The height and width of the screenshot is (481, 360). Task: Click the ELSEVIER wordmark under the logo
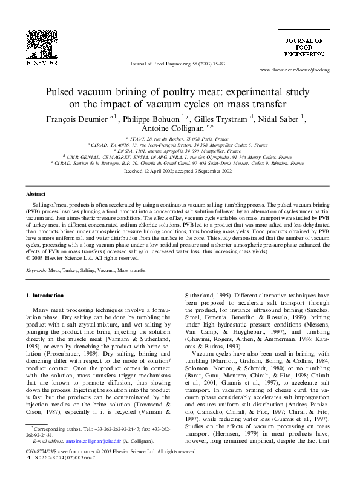[x=42, y=62]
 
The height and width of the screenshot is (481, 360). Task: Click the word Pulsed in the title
[x=62, y=92]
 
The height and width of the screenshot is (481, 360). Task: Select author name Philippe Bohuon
[x=150, y=119]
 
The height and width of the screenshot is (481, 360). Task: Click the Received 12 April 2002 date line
[x=178, y=171]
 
